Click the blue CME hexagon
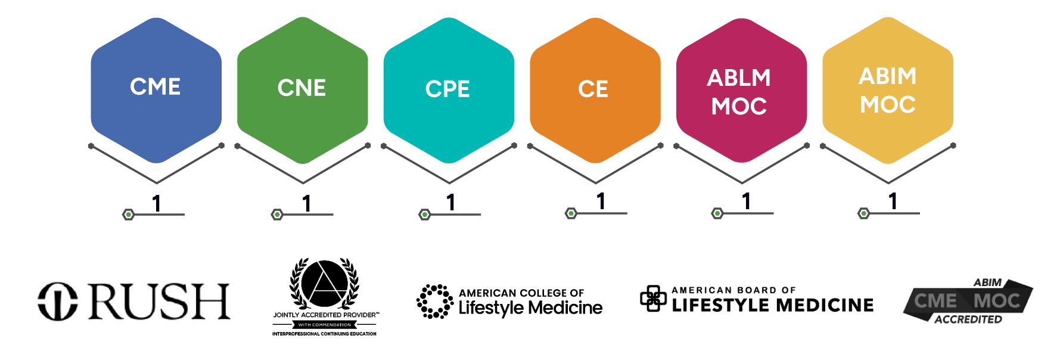[156, 89]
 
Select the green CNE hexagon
[302, 89]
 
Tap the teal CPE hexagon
[449, 89]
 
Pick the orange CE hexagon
[595, 89]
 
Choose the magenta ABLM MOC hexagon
[741, 89]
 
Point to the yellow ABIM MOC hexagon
[888, 89]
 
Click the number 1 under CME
[157, 204]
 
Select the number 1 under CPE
[451, 203]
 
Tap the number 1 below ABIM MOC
[893, 201]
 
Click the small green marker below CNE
[277, 215]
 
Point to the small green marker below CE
[571, 213]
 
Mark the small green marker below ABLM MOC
[717, 213]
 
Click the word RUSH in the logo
[159, 302]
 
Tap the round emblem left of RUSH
[57, 302]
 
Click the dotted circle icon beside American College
[434, 302]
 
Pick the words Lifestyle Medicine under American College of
[530, 308]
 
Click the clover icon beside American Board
[653, 298]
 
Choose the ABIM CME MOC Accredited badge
[968, 302]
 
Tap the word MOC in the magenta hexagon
[739, 107]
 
